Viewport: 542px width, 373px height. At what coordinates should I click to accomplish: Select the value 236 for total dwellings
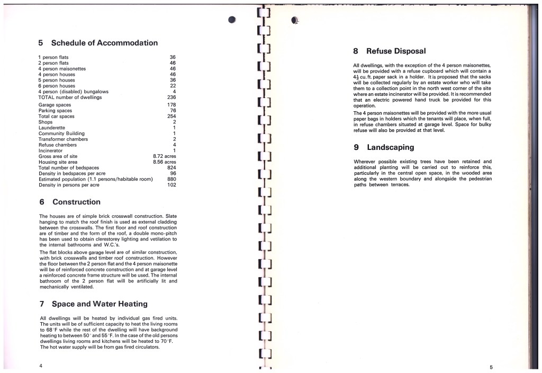[x=171, y=97]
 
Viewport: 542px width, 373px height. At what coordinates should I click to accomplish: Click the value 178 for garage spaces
[x=171, y=105]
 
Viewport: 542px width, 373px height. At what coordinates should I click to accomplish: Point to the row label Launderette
[x=52, y=128]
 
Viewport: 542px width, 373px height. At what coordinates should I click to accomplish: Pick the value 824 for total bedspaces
[x=171, y=168]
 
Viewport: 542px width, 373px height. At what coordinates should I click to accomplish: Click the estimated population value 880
[x=171, y=180]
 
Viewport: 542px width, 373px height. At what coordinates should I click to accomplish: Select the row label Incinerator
[x=51, y=150]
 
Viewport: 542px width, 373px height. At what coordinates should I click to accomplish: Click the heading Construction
[x=76, y=202]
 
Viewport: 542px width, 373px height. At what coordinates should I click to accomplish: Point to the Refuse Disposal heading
[x=396, y=51]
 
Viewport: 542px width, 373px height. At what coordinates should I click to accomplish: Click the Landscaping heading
[x=390, y=147]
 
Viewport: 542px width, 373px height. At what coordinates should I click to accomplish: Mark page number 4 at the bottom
[x=40, y=366]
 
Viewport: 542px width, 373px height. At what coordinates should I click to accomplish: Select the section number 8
[x=356, y=51]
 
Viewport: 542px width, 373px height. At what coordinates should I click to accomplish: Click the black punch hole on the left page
[x=232, y=20]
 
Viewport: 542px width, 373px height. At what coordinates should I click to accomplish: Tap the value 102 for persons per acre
[x=171, y=185]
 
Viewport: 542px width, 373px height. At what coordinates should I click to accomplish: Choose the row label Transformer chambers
[x=63, y=139]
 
